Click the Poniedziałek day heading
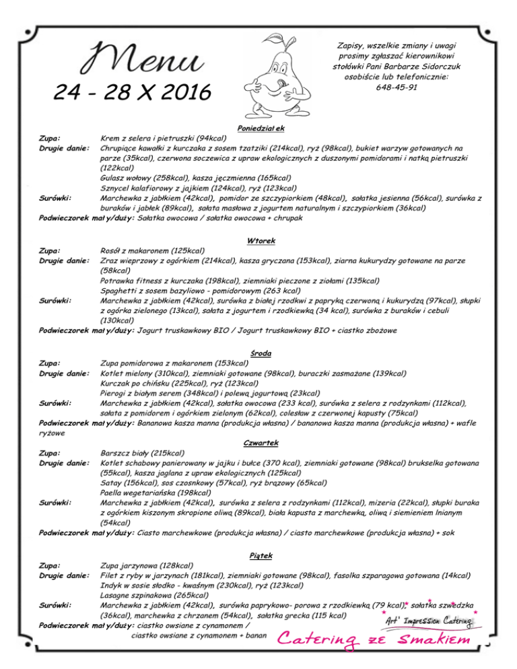(x=258, y=128)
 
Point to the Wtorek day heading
(x=258, y=241)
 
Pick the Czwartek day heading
(x=258, y=443)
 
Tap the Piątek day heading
(x=258, y=555)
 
